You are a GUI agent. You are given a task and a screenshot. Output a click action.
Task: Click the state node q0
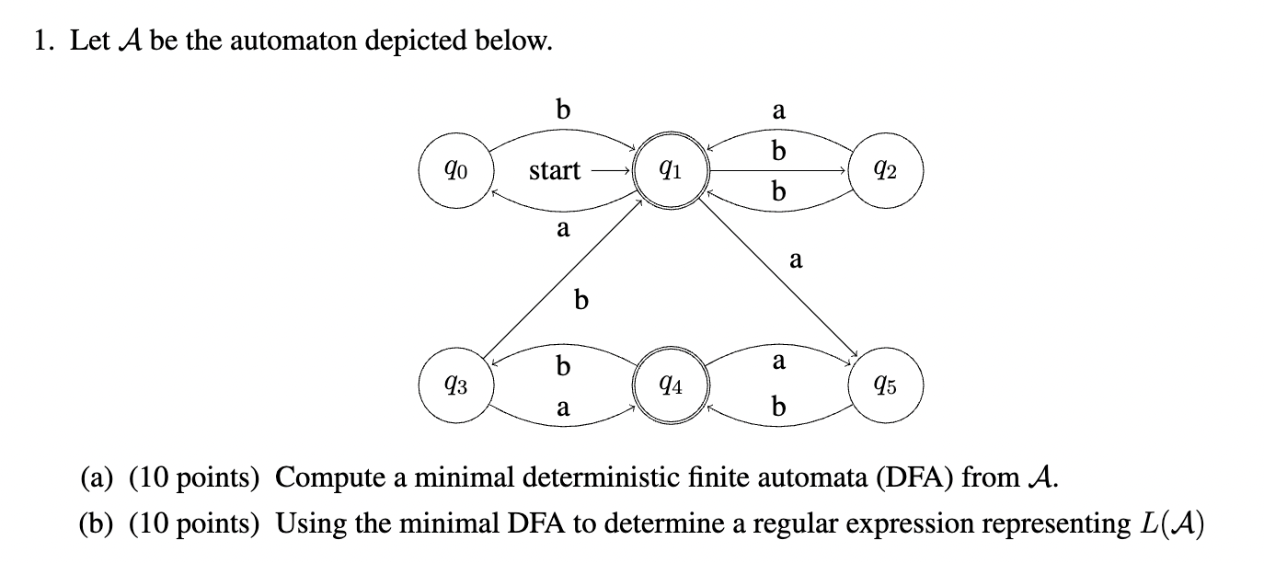point(457,170)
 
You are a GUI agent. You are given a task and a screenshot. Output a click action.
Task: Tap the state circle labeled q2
point(884,170)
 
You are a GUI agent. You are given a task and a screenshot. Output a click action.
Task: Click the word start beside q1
point(555,171)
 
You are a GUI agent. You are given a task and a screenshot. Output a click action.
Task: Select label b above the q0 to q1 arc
point(563,109)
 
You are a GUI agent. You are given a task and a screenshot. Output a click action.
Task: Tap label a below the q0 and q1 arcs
point(563,228)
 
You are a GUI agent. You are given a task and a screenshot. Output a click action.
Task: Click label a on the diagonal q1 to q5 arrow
point(797,261)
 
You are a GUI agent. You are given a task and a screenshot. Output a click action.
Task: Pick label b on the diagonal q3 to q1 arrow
point(580,300)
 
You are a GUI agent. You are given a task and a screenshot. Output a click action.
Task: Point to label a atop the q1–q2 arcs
point(778,111)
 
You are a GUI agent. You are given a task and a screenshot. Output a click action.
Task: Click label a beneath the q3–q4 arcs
point(563,408)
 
